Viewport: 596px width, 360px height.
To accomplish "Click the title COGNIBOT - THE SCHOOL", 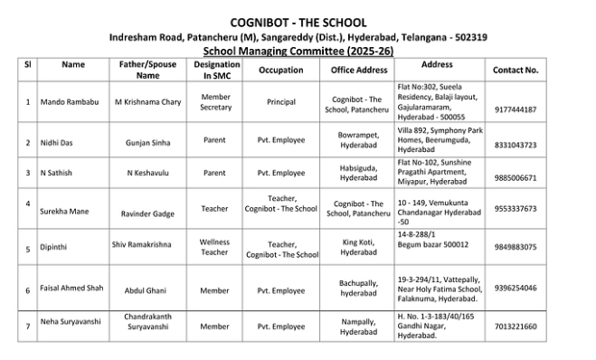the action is (298, 22).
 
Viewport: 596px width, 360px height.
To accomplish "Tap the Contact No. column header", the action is (516, 70).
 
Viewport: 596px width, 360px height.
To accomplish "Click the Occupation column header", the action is (280, 70).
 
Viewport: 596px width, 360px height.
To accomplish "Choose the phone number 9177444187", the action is (516, 109).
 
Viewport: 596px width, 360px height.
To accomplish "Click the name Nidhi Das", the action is (56, 143).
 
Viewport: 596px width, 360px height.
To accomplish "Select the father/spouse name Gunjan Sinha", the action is (147, 143).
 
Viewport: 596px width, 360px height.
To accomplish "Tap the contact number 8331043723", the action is (516, 145).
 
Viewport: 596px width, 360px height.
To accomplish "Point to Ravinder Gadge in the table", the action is (147, 213).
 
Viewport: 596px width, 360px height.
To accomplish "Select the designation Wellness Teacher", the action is (214, 247).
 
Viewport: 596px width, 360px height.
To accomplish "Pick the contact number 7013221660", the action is (516, 327).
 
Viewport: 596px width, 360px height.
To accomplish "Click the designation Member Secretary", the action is (215, 101).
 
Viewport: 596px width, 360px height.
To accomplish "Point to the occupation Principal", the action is (280, 102).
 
